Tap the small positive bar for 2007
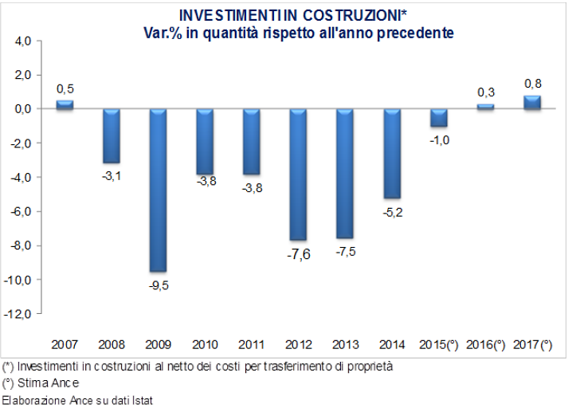(65, 104)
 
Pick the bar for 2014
(392, 153)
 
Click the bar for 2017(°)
(532, 102)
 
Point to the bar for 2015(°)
(439, 117)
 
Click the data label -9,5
(158, 284)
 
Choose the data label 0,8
(532, 83)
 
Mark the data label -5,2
(392, 210)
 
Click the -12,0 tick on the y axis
(19, 315)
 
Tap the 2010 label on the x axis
(205, 344)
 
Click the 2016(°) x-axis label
(485, 344)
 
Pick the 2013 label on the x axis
(345, 344)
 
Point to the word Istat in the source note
(139, 399)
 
